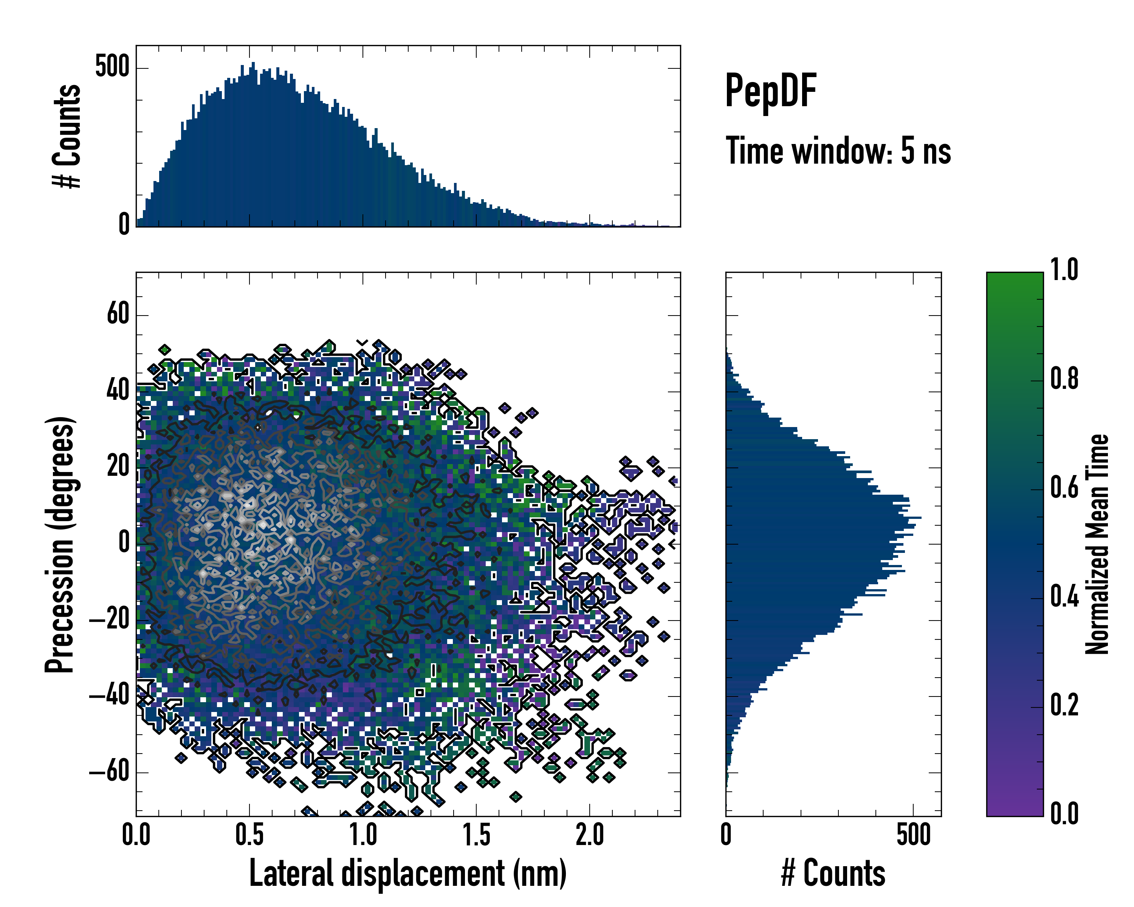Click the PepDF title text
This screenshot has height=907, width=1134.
pyautogui.click(x=770, y=91)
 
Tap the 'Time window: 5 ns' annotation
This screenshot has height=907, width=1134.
pyautogui.click(x=838, y=151)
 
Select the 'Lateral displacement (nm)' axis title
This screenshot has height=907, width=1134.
pyautogui.click(x=407, y=873)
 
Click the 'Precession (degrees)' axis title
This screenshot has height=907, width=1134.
pyautogui.click(x=59, y=545)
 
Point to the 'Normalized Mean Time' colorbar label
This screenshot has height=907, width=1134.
pyautogui.click(x=1097, y=544)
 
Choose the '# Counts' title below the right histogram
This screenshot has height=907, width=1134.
pyautogui.click(x=833, y=873)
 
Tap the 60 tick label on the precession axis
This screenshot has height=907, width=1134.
pyautogui.click(x=118, y=314)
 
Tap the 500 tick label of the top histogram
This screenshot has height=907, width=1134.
pyautogui.click(x=112, y=67)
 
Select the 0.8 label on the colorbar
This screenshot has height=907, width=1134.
pyautogui.click(x=1064, y=379)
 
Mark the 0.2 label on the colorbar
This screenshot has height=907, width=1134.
pyautogui.click(x=1064, y=706)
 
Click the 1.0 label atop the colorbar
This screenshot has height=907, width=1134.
pyautogui.click(x=1064, y=270)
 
